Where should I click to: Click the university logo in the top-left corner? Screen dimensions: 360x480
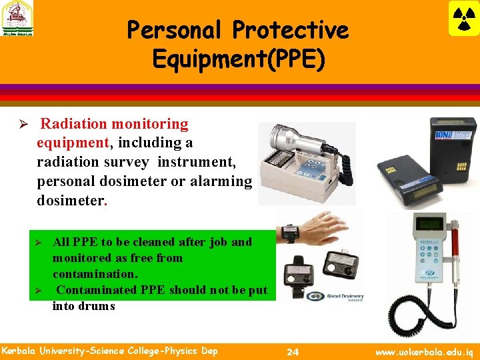click(x=18, y=19)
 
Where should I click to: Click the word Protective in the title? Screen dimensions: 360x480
click(x=290, y=30)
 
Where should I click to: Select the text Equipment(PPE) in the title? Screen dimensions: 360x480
click(x=239, y=59)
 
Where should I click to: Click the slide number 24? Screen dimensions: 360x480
click(x=292, y=351)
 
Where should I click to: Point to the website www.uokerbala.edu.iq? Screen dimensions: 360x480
click(x=423, y=351)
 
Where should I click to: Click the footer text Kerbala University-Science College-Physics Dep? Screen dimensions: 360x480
click(x=109, y=351)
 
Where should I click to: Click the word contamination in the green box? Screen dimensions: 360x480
click(x=95, y=274)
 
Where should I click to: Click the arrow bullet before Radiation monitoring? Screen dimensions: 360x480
click(x=21, y=125)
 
